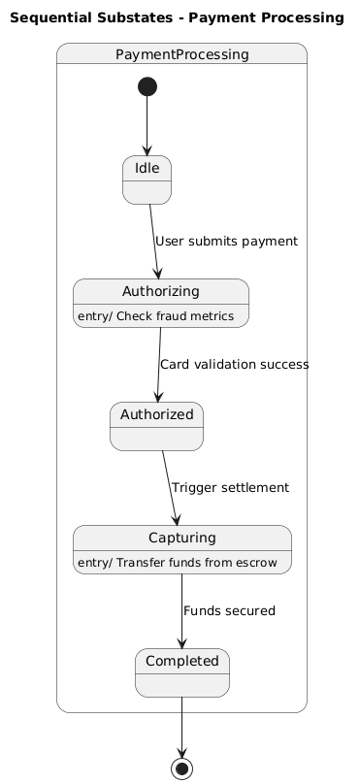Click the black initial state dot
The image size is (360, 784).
click(x=147, y=86)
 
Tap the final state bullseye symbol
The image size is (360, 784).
click(x=182, y=768)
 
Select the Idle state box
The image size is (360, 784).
click(x=147, y=180)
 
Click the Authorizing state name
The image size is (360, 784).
click(x=160, y=291)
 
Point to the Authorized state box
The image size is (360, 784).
click(x=156, y=427)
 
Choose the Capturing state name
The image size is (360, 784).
click(x=182, y=538)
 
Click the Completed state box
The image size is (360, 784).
click(x=182, y=673)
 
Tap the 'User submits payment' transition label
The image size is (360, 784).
click(x=226, y=242)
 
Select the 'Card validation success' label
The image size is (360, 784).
click(x=234, y=365)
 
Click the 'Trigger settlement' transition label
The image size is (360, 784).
click(x=230, y=487)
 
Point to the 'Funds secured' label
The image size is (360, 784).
click(x=229, y=611)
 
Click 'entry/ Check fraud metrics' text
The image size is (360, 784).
click(x=156, y=316)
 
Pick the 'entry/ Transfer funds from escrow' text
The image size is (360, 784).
click(x=178, y=563)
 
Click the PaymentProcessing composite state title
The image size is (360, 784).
click(x=182, y=54)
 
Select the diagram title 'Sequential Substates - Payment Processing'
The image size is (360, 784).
click(x=177, y=18)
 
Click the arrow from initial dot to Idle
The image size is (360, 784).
click(x=147, y=126)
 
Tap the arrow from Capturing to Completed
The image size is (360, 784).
click(x=182, y=611)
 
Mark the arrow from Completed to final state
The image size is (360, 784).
click(x=182, y=727)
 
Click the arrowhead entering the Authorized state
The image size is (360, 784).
click(x=158, y=397)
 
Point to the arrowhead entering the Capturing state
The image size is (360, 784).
click(x=176, y=519)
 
